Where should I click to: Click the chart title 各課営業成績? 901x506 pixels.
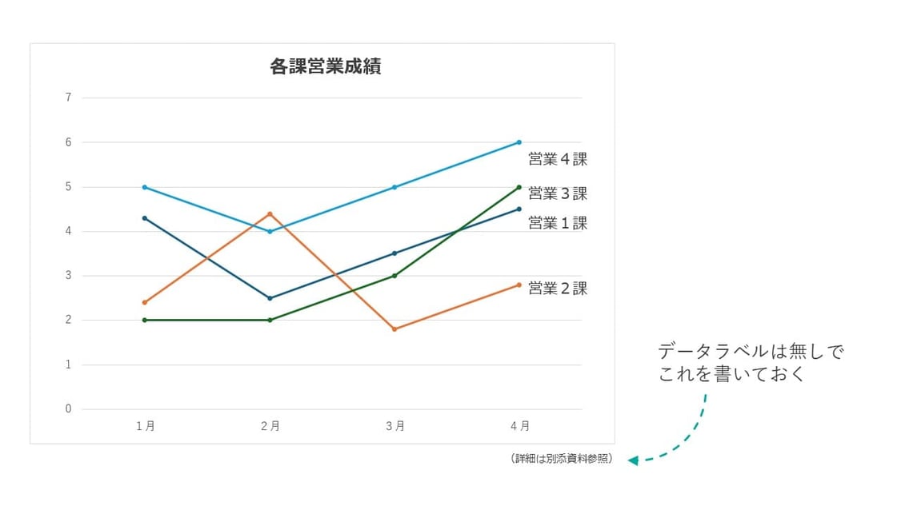(325, 66)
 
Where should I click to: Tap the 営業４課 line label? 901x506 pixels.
(558, 159)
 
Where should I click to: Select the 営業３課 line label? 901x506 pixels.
(558, 193)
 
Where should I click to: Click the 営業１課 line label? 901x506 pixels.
(558, 224)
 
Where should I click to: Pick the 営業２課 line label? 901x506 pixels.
(558, 289)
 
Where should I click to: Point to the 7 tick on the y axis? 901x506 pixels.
(68, 98)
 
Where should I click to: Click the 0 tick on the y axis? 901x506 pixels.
(68, 409)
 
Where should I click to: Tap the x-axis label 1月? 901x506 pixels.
(145, 427)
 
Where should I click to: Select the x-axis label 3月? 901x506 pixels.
(394, 427)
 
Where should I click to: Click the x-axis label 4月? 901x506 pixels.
(519, 427)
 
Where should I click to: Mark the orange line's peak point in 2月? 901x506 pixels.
(270, 213)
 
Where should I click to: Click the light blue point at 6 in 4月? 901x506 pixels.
(519, 142)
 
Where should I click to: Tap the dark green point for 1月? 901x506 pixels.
(145, 320)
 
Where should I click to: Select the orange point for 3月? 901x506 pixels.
(394, 329)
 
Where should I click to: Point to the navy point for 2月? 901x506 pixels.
(270, 298)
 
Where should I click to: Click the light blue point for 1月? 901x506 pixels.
(145, 187)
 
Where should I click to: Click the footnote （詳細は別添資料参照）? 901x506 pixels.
(561, 460)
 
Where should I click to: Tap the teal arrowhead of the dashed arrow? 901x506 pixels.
(633, 460)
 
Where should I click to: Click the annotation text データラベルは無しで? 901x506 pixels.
(751, 352)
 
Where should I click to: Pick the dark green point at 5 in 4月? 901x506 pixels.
(519, 187)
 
